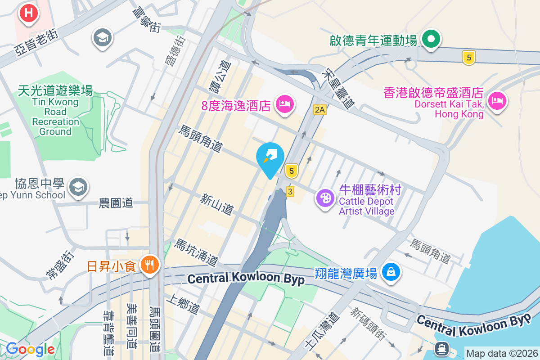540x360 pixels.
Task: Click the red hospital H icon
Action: [x=29, y=13]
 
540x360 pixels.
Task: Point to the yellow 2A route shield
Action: [x=319, y=110]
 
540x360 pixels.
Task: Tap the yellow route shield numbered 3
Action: [x=290, y=192]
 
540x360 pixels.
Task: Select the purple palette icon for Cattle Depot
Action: [x=324, y=198]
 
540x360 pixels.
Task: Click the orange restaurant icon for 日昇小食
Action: [x=148, y=265]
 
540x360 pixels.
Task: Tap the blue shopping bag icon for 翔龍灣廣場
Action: [x=391, y=272]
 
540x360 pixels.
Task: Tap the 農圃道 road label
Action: [x=116, y=203]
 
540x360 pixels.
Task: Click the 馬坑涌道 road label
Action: [x=197, y=252]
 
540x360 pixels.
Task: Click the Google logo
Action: [x=31, y=349]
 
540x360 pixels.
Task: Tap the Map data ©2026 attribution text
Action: [x=501, y=353]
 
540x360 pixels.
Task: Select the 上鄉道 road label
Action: [x=183, y=304]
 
